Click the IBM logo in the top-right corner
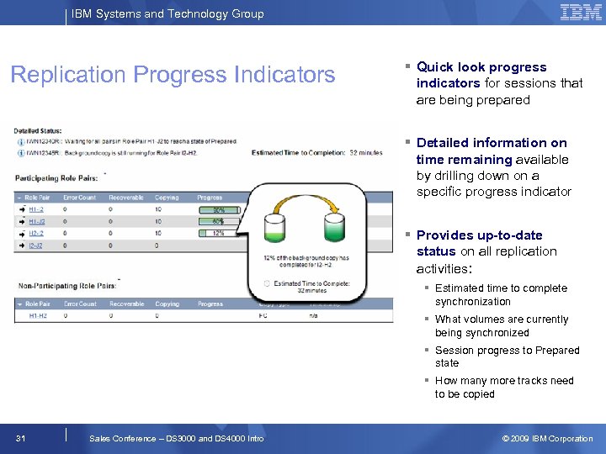pyautogui.click(x=581, y=13)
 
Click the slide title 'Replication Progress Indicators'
pyautogui.click(x=173, y=75)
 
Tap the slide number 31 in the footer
pyautogui.click(x=22, y=438)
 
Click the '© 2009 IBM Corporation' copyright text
pyautogui.click(x=547, y=438)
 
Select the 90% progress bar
pyautogui.click(x=218, y=209)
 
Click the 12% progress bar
pyautogui.click(x=218, y=233)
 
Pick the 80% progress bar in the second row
pyautogui.click(x=218, y=221)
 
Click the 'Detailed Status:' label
pyautogui.click(x=39, y=130)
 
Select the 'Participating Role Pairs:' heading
pyautogui.click(x=60, y=177)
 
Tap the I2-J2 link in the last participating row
pyautogui.click(x=36, y=245)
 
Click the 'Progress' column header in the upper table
pyautogui.click(x=210, y=198)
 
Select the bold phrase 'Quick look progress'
pyautogui.click(x=481, y=67)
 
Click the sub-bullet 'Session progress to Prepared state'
pyautogui.click(x=507, y=356)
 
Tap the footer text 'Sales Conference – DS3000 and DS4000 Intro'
pyautogui.click(x=176, y=438)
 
